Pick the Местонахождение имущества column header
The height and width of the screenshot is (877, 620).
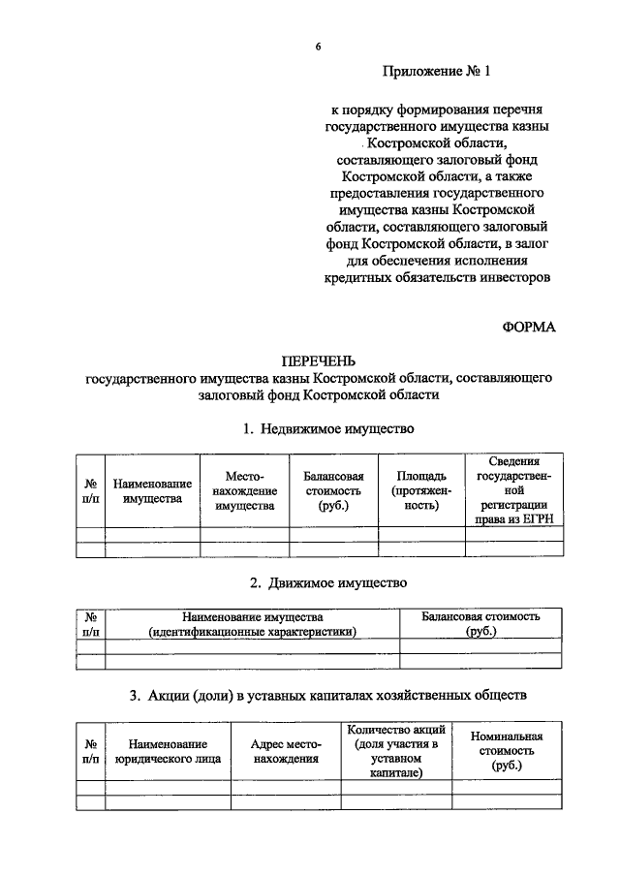click(x=244, y=490)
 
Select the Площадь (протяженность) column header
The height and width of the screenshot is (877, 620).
click(x=421, y=490)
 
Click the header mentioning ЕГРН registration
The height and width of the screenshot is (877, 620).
click(x=513, y=490)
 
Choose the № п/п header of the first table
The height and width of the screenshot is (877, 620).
click(x=90, y=490)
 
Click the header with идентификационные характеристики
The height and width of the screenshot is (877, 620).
click(x=252, y=624)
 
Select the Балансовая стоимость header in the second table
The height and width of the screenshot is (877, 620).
click(x=480, y=624)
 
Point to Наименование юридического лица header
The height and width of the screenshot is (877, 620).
click(x=168, y=752)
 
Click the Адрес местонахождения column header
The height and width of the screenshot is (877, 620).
click(x=285, y=752)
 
